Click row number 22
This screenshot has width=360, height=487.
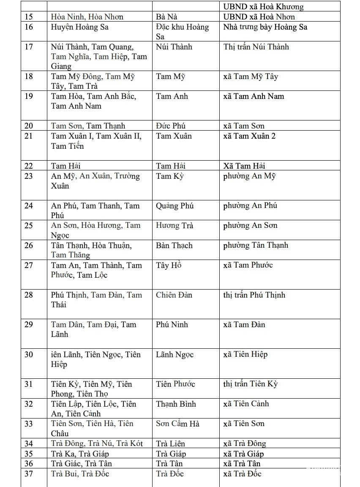[29, 166]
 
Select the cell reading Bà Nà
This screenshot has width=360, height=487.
[166, 17]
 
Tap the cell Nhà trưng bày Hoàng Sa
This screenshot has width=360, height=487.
[265, 27]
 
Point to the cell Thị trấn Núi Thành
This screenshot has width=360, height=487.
[256, 47]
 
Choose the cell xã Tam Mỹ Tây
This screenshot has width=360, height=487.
[251, 77]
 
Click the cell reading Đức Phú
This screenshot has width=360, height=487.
[171, 126]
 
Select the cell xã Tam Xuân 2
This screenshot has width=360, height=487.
[249, 136]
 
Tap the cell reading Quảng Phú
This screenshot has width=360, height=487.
[175, 206]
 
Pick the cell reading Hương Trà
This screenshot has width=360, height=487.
[175, 226]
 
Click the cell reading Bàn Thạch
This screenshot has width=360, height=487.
[174, 246]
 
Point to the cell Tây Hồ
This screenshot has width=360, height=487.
[169, 265]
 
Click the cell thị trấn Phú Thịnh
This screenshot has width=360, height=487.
[254, 295]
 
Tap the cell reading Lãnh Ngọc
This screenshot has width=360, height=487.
[175, 355]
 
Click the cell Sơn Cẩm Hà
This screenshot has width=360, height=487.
[177, 424]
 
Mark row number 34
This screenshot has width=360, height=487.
[29, 443]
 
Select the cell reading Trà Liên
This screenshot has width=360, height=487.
[170, 443]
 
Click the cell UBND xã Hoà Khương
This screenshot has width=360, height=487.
[263, 7]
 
